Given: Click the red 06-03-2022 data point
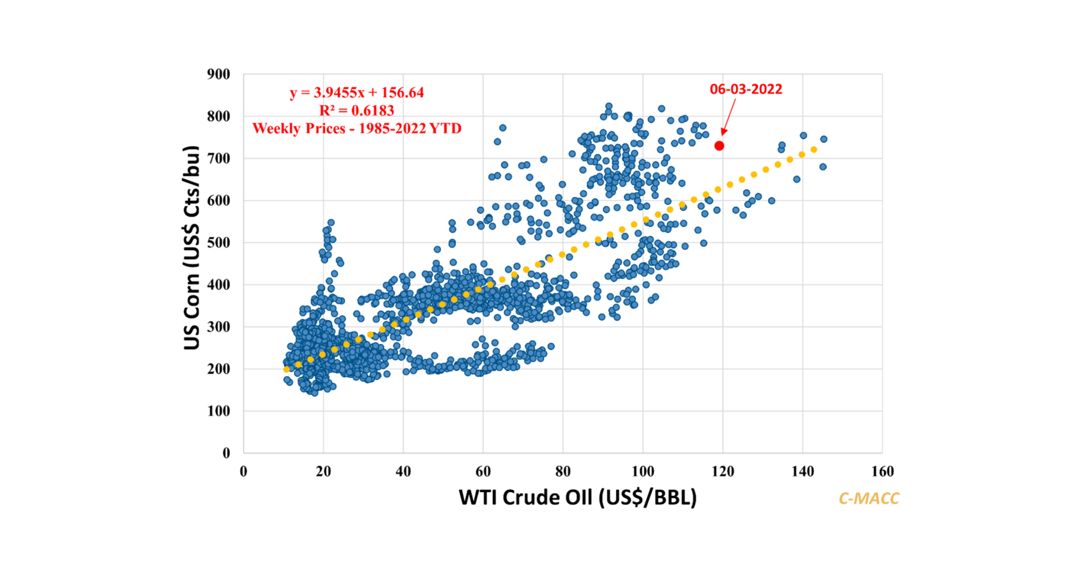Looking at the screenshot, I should (x=719, y=146).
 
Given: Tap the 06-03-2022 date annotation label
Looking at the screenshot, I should (x=746, y=89).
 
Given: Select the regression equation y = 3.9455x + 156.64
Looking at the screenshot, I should (x=357, y=93).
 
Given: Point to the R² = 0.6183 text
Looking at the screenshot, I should (x=357, y=110).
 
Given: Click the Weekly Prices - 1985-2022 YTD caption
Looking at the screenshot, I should (x=357, y=128).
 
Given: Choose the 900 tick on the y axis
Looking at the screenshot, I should (x=218, y=74).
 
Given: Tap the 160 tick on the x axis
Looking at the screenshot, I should (x=883, y=471).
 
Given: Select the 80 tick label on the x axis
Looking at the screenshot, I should (x=563, y=471).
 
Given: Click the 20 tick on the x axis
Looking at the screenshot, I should (x=323, y=471).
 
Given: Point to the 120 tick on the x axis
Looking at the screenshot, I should (x=723, y=471).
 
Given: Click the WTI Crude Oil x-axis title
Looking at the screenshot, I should (x=577, y=497).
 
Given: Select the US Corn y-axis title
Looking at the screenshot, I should (x=192, y=248).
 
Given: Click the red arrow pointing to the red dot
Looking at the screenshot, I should (x=729, y=117).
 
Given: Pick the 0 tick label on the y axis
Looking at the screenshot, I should (x=226, y=453).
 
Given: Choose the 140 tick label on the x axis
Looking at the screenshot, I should (x=802, y=471).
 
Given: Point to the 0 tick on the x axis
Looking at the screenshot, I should (x=244, y=471).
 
